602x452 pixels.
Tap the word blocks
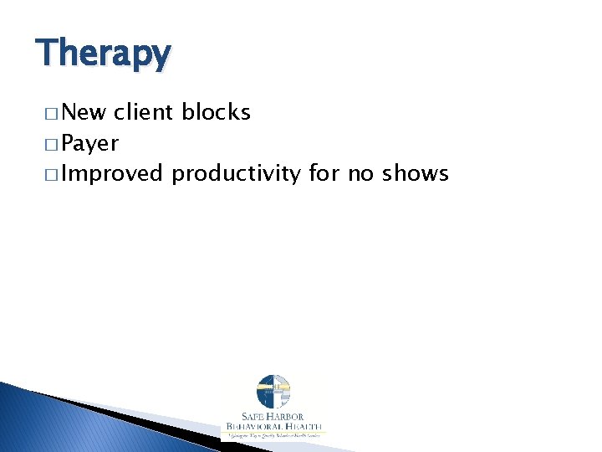(219, 112)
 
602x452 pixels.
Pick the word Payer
(89, 143)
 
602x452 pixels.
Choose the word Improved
(112, 174)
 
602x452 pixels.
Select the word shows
(416, 174)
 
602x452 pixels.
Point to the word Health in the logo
(303, 428)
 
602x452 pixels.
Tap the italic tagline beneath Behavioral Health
(273, 436)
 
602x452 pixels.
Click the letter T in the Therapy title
(47, 54)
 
